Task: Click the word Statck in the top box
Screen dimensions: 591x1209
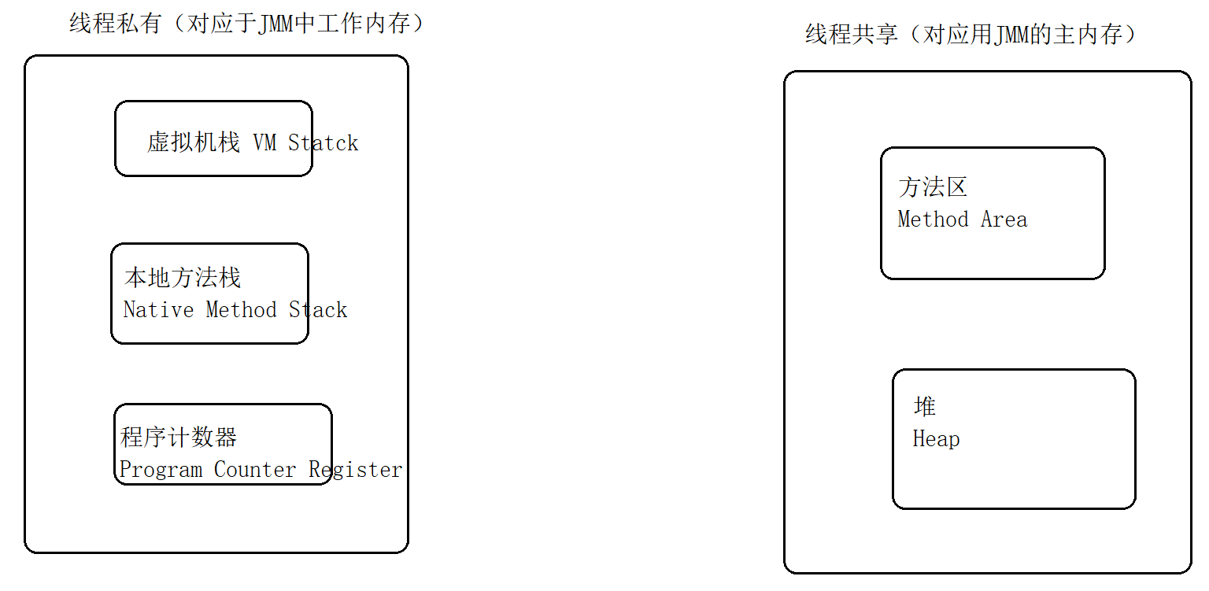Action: pos(323,143)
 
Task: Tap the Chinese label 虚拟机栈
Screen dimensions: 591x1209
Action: pos(194,142)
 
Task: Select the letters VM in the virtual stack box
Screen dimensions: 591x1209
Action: pos(264,143)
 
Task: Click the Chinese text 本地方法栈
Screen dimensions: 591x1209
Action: pos(183,278)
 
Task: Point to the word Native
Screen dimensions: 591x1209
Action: pos(158,310)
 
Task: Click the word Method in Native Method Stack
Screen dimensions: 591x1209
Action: pos(241,310)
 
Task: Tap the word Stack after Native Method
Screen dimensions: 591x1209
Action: pos(318,310)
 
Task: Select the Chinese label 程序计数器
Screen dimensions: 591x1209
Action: pos(179,438)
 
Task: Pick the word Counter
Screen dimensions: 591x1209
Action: pos(255,470)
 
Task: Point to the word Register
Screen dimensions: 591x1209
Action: pos(355,470)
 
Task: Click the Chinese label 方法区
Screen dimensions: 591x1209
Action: pos(933,187)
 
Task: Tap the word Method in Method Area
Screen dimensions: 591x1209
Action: pos(933,220)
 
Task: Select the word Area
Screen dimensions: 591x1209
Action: pos(1004,220)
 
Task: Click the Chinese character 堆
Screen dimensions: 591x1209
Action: pos(925,407)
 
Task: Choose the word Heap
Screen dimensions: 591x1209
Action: pos(936,439)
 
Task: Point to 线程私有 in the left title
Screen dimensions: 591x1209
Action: pos(116,24)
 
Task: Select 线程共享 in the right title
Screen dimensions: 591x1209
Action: pos(852,35)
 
